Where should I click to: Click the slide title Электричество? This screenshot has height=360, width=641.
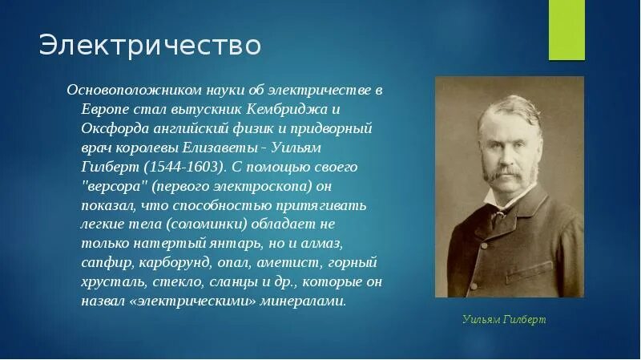point(150,45)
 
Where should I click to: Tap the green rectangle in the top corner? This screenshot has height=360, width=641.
point(566,30)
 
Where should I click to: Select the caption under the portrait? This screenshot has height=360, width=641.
point(504,319)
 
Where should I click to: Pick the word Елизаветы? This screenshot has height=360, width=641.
point(220,148)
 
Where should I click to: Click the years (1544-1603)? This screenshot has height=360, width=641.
point(186,167)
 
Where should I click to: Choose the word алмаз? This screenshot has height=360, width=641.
point(322,244)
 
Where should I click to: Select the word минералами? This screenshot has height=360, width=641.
point(303,301)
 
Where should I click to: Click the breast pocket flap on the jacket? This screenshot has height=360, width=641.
point(530,273)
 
